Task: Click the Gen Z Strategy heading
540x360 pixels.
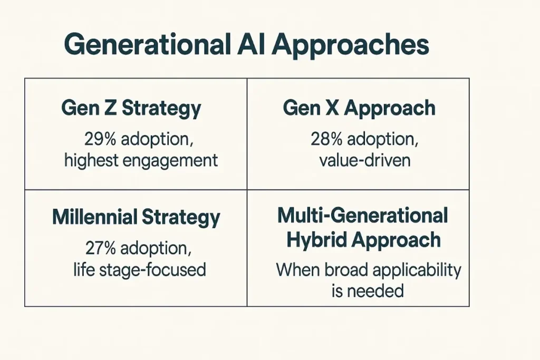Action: (131, 108)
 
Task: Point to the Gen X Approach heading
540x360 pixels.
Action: (359, 108)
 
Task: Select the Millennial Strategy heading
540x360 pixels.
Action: (136, 217)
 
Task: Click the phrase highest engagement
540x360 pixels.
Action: (141, 160)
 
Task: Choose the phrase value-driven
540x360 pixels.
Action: (364, 160)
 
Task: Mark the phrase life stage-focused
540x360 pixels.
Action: (139, 269)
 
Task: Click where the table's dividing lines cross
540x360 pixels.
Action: (247, 190)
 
